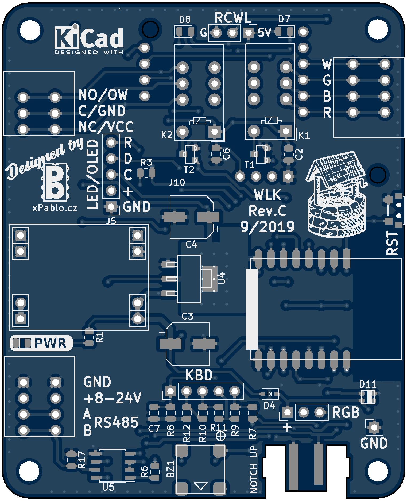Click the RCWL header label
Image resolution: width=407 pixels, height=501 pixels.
coord(233,18)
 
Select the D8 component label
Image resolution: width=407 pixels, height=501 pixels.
coord(185,20)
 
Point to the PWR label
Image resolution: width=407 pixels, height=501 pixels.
coord(50,343)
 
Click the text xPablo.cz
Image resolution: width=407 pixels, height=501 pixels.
coord(55,208)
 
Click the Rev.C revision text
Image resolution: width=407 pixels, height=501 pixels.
coord(267,211)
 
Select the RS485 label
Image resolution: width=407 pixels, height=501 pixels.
coord(117,422)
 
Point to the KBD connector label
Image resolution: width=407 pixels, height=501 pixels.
coord(199,375)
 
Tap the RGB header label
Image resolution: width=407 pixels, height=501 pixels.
coord(346,412)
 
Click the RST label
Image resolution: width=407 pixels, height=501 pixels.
coord(392,243)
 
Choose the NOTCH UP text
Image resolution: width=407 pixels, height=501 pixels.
coord(254,469)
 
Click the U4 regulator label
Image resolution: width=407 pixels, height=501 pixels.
coord(222,278)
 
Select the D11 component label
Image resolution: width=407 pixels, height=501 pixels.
coord(368,384)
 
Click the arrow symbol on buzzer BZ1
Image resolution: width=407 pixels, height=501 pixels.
coord(200,485)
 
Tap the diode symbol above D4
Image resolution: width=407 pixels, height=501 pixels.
coord(270,394)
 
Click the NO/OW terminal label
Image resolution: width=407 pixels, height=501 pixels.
coord(103,95)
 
